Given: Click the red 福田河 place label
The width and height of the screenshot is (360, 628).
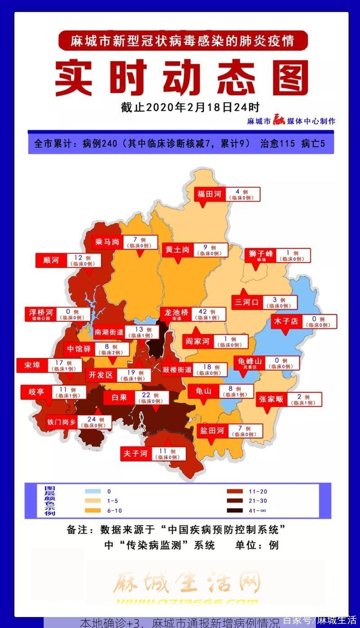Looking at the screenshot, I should tap(210, 194).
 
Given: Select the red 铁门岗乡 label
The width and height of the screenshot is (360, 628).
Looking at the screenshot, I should tap(61, 422).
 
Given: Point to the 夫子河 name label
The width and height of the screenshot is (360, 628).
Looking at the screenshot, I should tap(136, 453).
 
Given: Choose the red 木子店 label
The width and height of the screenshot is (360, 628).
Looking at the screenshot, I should tap(286, 321).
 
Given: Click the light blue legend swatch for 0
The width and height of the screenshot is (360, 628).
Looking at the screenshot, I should tap(92, 491).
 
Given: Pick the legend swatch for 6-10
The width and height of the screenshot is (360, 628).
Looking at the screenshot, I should tap(92, 511).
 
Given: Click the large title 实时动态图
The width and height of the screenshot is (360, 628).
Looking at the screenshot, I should tap(182, 79).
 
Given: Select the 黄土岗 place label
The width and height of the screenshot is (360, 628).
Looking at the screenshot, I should tap(177, 250).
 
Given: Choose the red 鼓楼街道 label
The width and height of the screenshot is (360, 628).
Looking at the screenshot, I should tap(177, 370).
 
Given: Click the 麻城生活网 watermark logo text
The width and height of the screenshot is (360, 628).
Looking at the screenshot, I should tap(186, 583).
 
